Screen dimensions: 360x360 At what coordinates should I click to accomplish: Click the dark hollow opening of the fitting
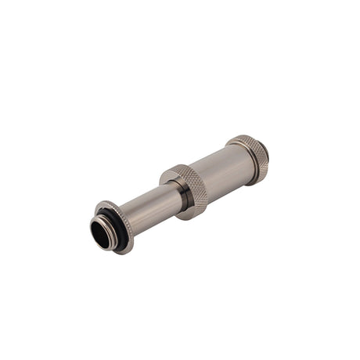[101, 232]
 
